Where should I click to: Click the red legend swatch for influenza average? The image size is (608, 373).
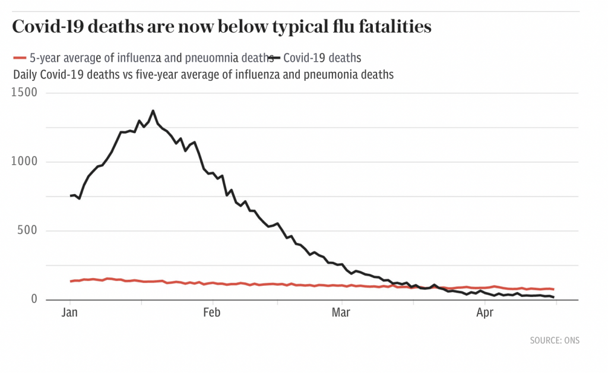point(20,58)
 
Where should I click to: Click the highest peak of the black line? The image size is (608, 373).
point(153,110)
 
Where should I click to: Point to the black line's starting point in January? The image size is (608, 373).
point(71,196)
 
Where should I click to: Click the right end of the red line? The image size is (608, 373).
point(553,289)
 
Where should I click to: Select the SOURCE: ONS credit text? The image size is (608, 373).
point(554,340)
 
